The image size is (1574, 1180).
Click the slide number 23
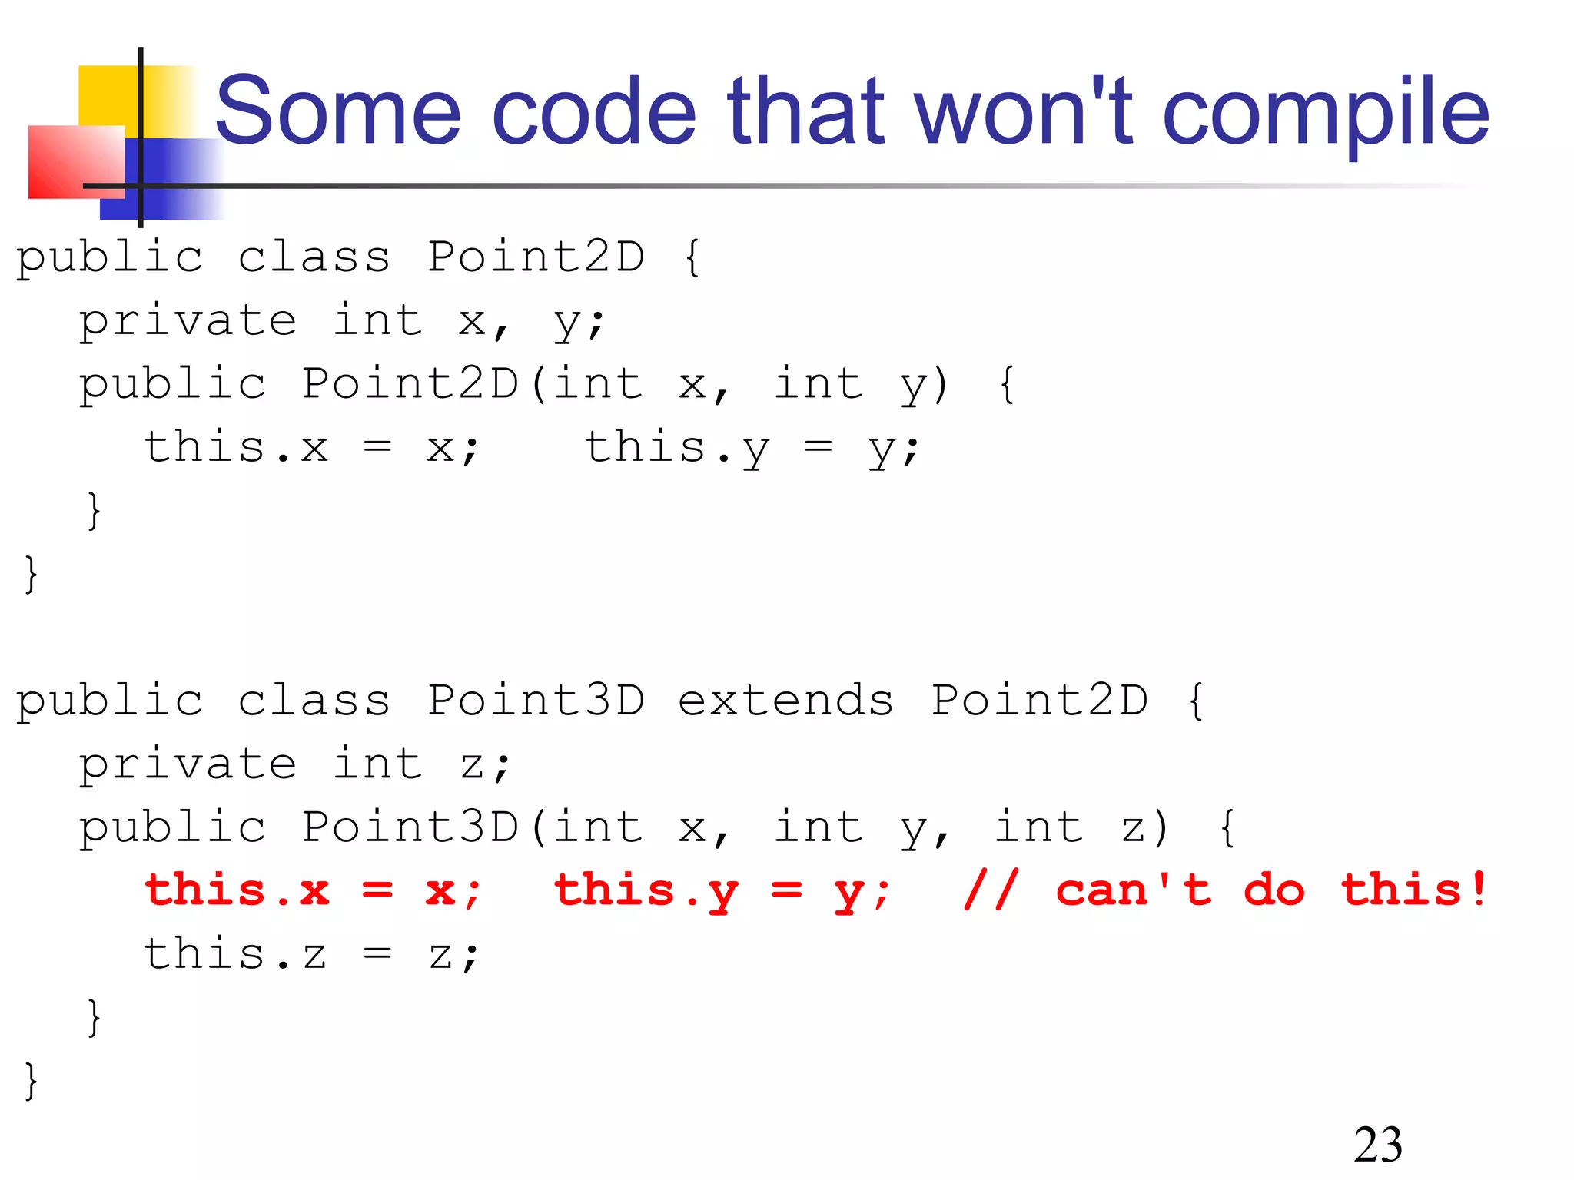[1377, 1145]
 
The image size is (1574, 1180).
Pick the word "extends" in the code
[785, 701]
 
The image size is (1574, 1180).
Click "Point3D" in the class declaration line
[536, 701]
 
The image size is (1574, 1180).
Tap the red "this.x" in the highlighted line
[237, 891]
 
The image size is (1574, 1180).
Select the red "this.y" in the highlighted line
[646, 891]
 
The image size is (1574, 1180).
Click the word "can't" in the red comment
[1134, 891]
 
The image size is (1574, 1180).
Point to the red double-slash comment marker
[991, 891]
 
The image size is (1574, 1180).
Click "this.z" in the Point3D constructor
[236, 955]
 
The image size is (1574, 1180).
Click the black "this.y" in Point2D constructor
[677, 448]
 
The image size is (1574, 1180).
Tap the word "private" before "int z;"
[188, 764]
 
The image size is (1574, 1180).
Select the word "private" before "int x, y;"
[188, 321]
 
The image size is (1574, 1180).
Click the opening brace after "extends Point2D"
[1196, 701]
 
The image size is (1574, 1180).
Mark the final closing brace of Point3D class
[31, 1081]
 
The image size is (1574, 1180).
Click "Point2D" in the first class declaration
[536, 257]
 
